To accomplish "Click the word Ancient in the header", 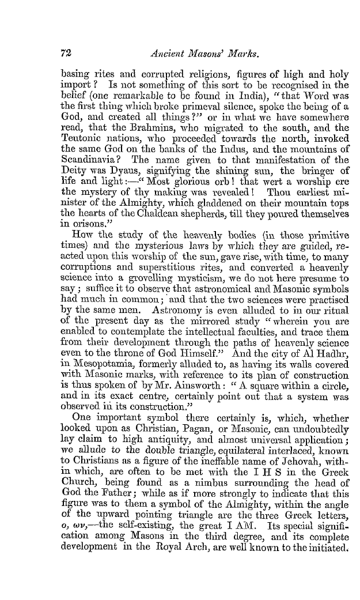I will point(166,52).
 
